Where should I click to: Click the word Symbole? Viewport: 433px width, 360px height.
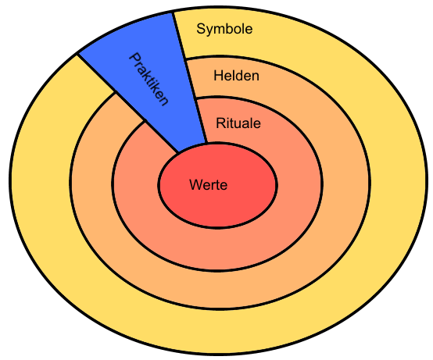(224, 30)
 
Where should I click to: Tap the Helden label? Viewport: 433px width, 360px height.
(236, 76)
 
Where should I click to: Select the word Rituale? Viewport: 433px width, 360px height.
(238, 123)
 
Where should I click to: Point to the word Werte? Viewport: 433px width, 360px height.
(209, 184)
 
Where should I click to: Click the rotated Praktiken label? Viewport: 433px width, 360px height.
(149, 80)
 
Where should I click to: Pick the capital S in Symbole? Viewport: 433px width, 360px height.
(202, 29)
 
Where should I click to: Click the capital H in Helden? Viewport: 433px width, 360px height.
(218, 76)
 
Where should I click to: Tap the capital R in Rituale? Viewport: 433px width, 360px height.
(221, 123)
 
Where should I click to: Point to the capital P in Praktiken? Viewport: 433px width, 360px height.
(135, 59)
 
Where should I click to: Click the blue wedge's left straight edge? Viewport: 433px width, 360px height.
(128, 103)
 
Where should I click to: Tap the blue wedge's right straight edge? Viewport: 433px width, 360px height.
(190, 78)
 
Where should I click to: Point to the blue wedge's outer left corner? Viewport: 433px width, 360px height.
(78, 54)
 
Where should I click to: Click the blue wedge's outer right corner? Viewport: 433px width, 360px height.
(173, 12)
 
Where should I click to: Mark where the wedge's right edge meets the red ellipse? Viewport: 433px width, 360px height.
(206, 143)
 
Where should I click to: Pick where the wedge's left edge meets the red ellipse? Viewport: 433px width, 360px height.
(178, 152)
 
